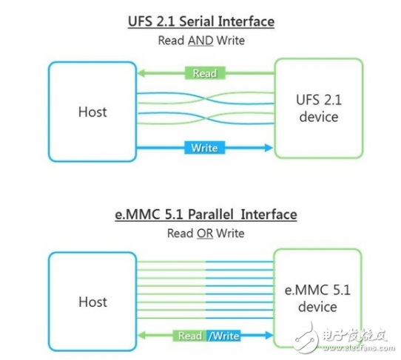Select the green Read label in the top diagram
204,72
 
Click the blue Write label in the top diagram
204,148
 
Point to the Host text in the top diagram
92,112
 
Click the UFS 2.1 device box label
319,109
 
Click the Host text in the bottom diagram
92,302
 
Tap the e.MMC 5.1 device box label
319,299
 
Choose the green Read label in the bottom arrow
190,336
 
